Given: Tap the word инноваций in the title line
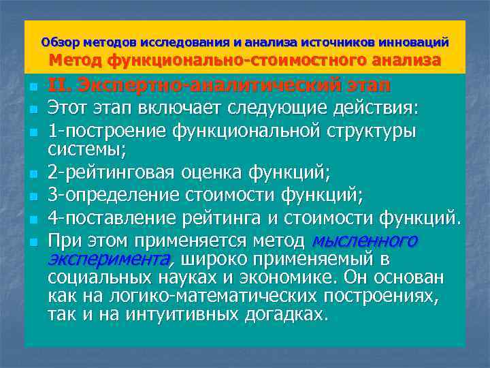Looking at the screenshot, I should [x=414, y=42].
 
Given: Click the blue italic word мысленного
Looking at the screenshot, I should [x=364, y=241].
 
